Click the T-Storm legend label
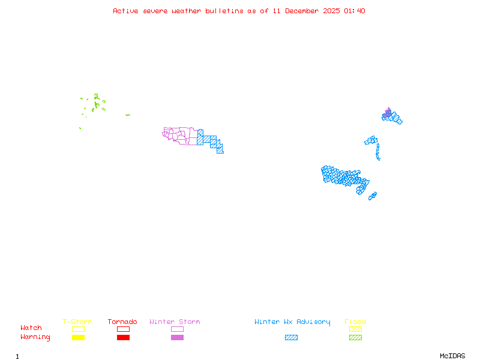[x=77, y=322]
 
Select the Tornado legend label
[x=122, y=322]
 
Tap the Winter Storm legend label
[x=175, y=322]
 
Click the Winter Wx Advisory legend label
[x=292, y=322]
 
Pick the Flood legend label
[x=355, y=322]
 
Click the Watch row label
[x=31, y=328]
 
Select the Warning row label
[x=35, y=337]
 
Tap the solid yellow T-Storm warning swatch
[x=78, y=338]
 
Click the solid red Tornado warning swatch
[x=123, y=338]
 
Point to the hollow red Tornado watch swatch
[x=123, y=329]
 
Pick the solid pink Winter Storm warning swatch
[x=177, y=338]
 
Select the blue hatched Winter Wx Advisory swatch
[x=291, y=338]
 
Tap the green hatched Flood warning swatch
[x=355, y=338]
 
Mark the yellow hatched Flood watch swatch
[x=355, y=329]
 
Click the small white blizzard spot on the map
[x=380, y=159]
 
